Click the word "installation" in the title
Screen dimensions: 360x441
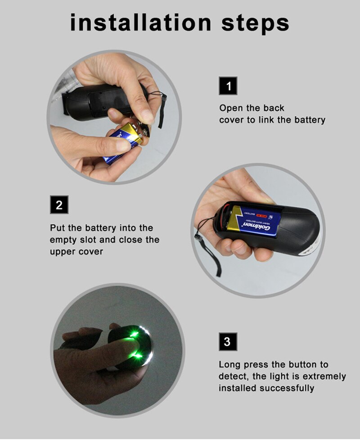[x=140, y=23]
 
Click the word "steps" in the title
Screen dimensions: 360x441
[x=255, y=23]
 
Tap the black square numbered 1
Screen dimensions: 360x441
[x=228, y=86]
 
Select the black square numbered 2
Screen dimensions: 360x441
[x=59, y=205]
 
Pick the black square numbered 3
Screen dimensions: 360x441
[x=228, y=342]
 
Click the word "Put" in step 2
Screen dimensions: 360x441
[x=57, y=228]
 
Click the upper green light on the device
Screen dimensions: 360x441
[x=134, y=334]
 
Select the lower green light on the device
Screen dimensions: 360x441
[x=136, y=356]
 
